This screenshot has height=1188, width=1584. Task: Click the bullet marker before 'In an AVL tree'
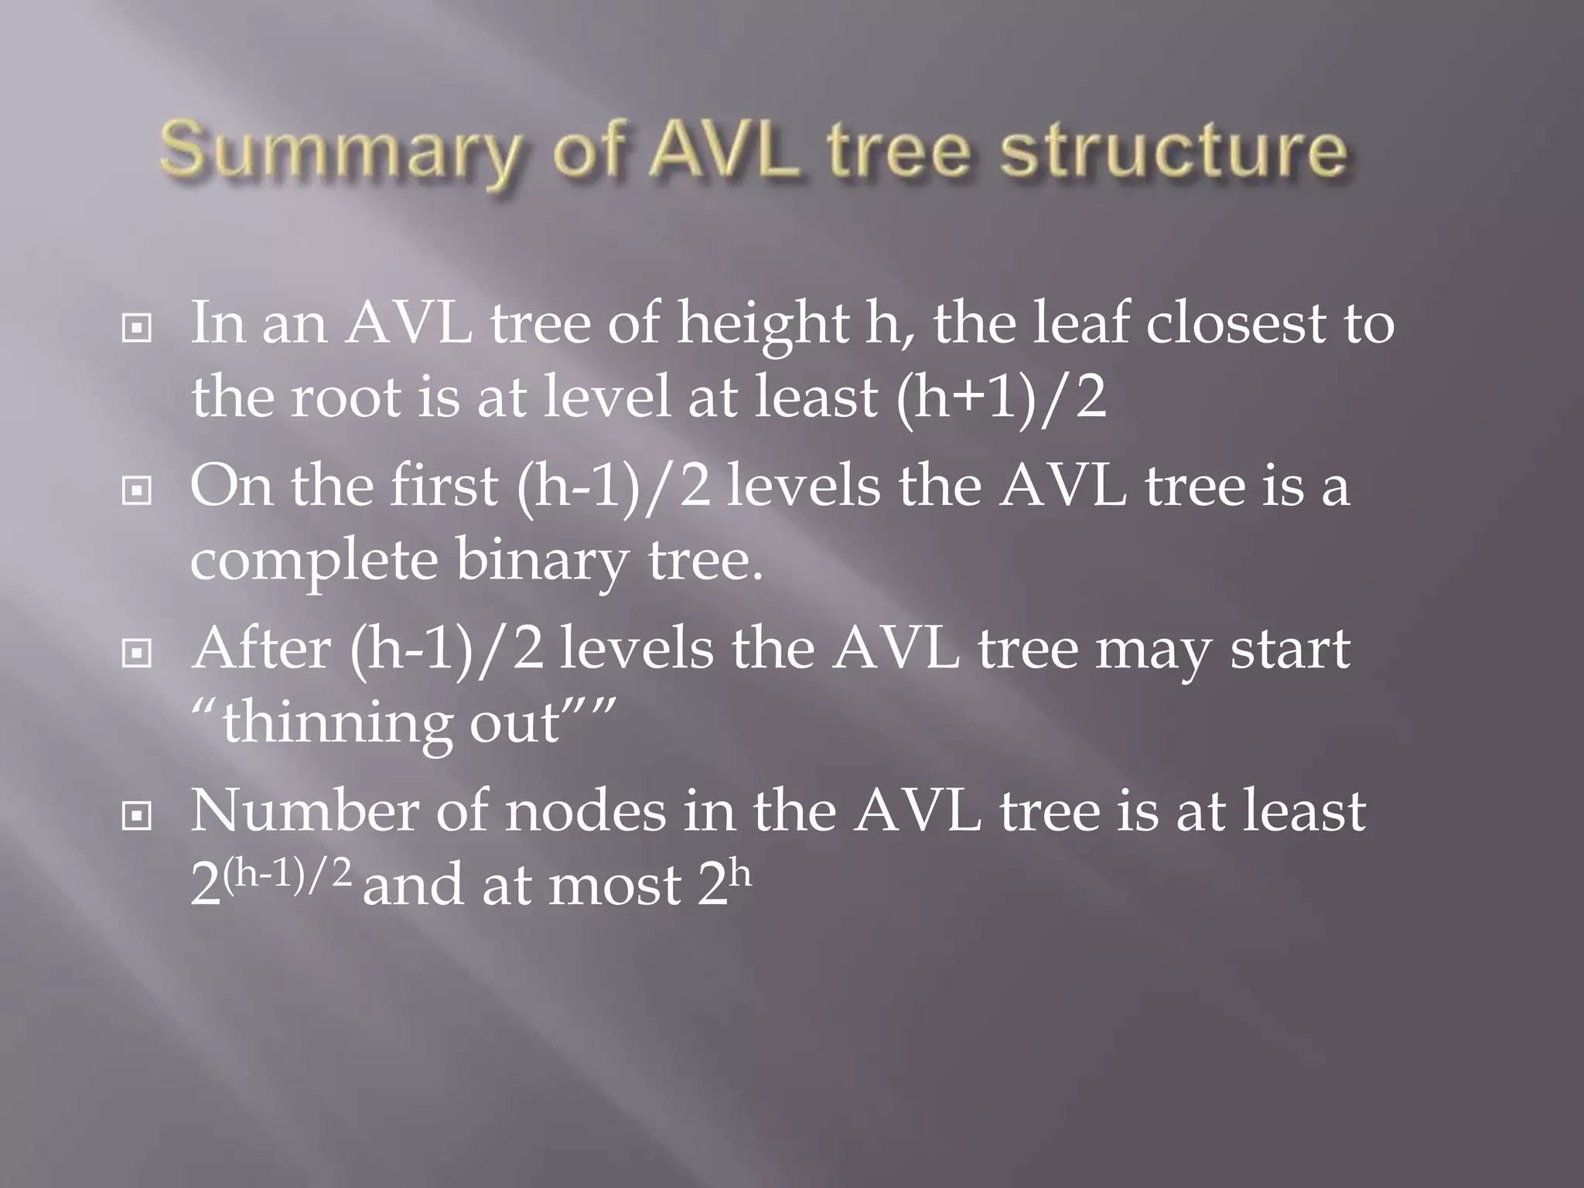click(x=137, y=329)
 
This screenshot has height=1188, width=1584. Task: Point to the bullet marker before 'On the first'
click(x=137, y=491)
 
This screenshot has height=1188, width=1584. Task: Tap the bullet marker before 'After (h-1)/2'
click(x=137, y=654)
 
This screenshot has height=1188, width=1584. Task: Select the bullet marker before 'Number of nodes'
click(x=137, y=817)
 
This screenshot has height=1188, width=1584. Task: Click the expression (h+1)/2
click(x=1001, y=398)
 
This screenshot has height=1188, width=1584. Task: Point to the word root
click(x=346, y=398)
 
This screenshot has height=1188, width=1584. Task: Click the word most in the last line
click(x=615, y=886)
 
